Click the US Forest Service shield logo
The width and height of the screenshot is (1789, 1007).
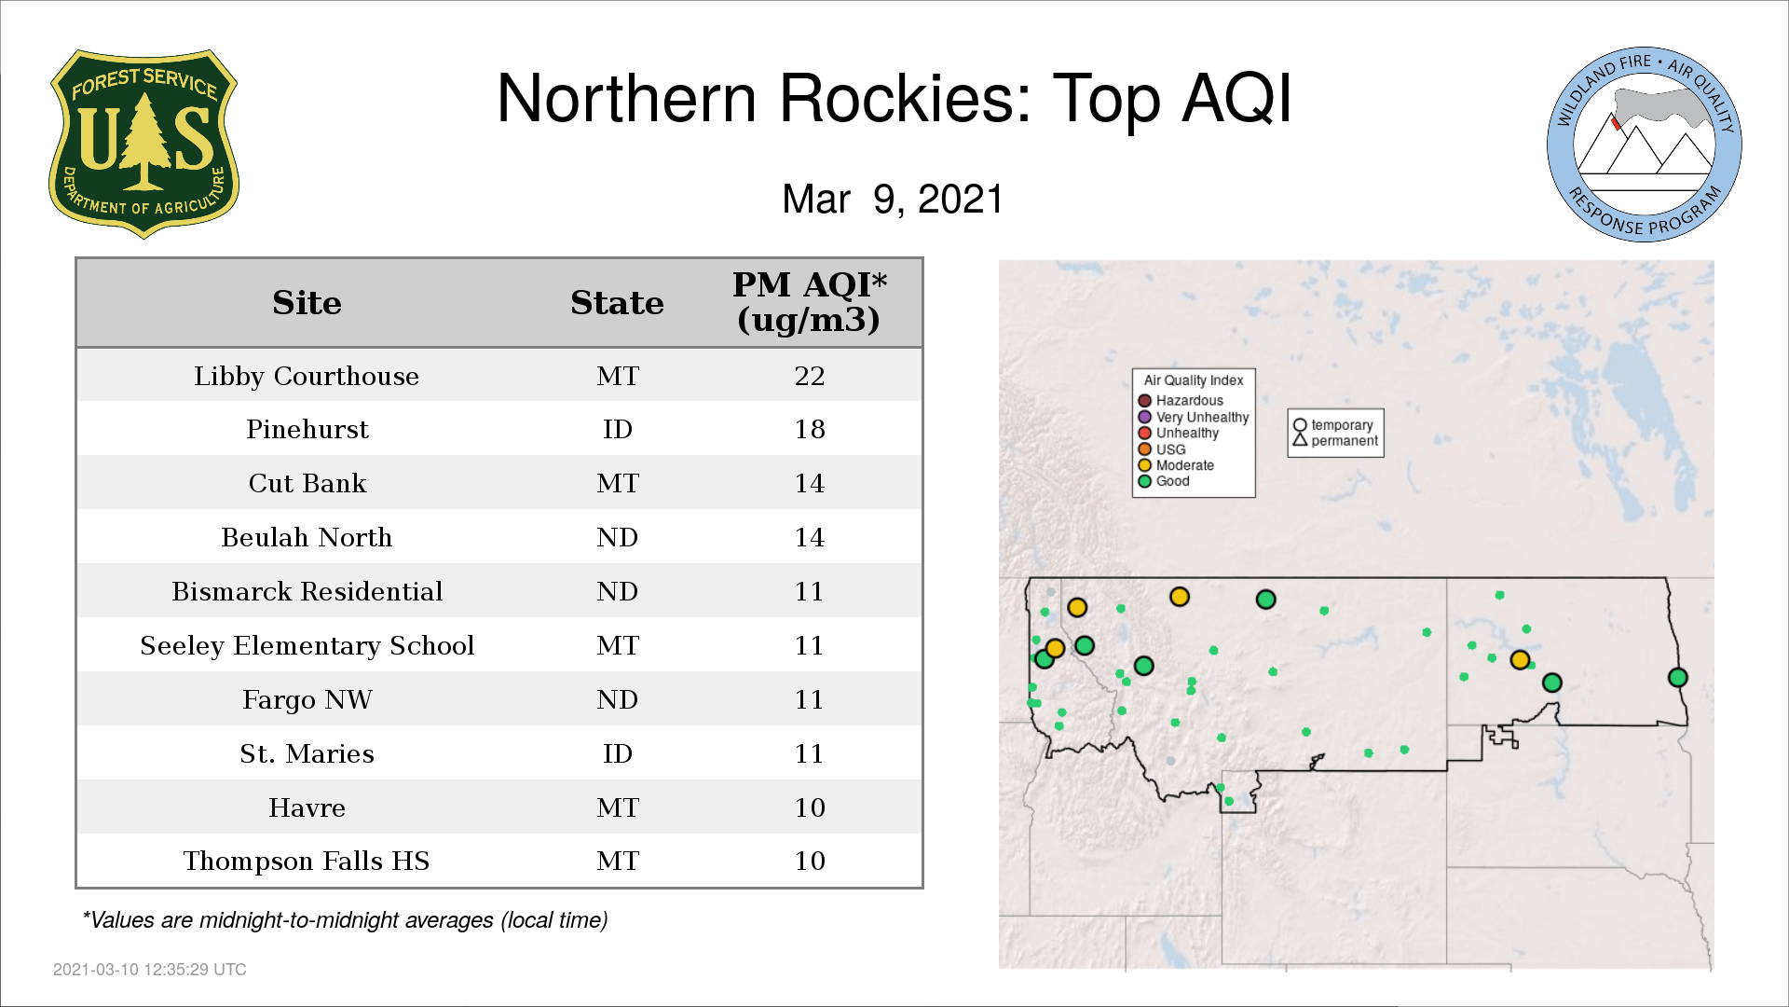tap(143, 144)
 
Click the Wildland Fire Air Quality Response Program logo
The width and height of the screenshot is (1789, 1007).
tap(1645, 145)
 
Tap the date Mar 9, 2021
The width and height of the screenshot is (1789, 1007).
tap(893, 199)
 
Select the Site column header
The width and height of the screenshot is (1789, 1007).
tap(307, 303)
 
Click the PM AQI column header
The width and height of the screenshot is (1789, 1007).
tap(809, 302)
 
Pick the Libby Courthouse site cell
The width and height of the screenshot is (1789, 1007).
tap(307, 376)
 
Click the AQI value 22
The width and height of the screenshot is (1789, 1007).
tap(810, 376)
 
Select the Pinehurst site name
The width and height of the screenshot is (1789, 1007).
tap(307, 429)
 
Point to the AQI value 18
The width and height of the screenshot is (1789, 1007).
tap(810, 429)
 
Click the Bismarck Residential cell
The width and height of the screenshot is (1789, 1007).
tap(307, 591)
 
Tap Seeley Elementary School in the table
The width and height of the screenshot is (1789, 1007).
tap(307, 645)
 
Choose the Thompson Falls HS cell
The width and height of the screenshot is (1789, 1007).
tap(307, 861)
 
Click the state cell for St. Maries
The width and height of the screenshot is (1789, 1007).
tap(618, 753)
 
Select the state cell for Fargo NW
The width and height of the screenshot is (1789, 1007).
tap(618, 699)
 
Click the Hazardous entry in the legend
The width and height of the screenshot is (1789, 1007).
tap(1181, 401)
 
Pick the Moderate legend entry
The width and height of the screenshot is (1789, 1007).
tap(1176, 465)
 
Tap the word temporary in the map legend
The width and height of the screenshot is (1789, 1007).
tap(1342, 425)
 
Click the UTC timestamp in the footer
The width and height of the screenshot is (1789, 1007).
tap(150, 970)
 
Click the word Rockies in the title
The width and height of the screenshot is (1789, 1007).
tap(905, 98)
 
